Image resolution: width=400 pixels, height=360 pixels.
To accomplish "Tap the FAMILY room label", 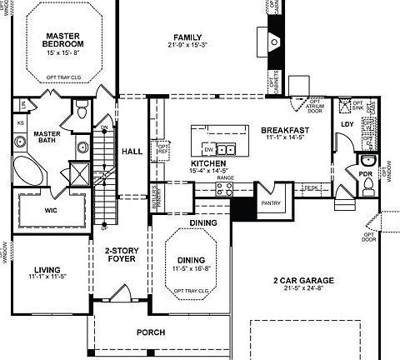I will point(188,37).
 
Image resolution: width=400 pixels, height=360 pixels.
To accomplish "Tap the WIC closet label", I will point(50,211).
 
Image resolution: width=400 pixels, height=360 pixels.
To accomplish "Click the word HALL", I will point(132,152).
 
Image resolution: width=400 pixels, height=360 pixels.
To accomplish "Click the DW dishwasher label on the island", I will point(219,150).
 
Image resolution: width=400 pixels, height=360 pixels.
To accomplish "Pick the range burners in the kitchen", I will point(223,188).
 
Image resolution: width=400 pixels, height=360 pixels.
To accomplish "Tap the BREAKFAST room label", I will point(285,131).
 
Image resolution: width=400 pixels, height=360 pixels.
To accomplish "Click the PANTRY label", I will point(269,202).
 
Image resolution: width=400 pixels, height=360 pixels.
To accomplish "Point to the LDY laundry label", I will point(347,126).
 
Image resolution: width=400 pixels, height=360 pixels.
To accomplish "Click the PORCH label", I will point(151,332).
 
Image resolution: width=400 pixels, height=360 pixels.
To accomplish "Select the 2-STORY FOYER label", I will point(121,254).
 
